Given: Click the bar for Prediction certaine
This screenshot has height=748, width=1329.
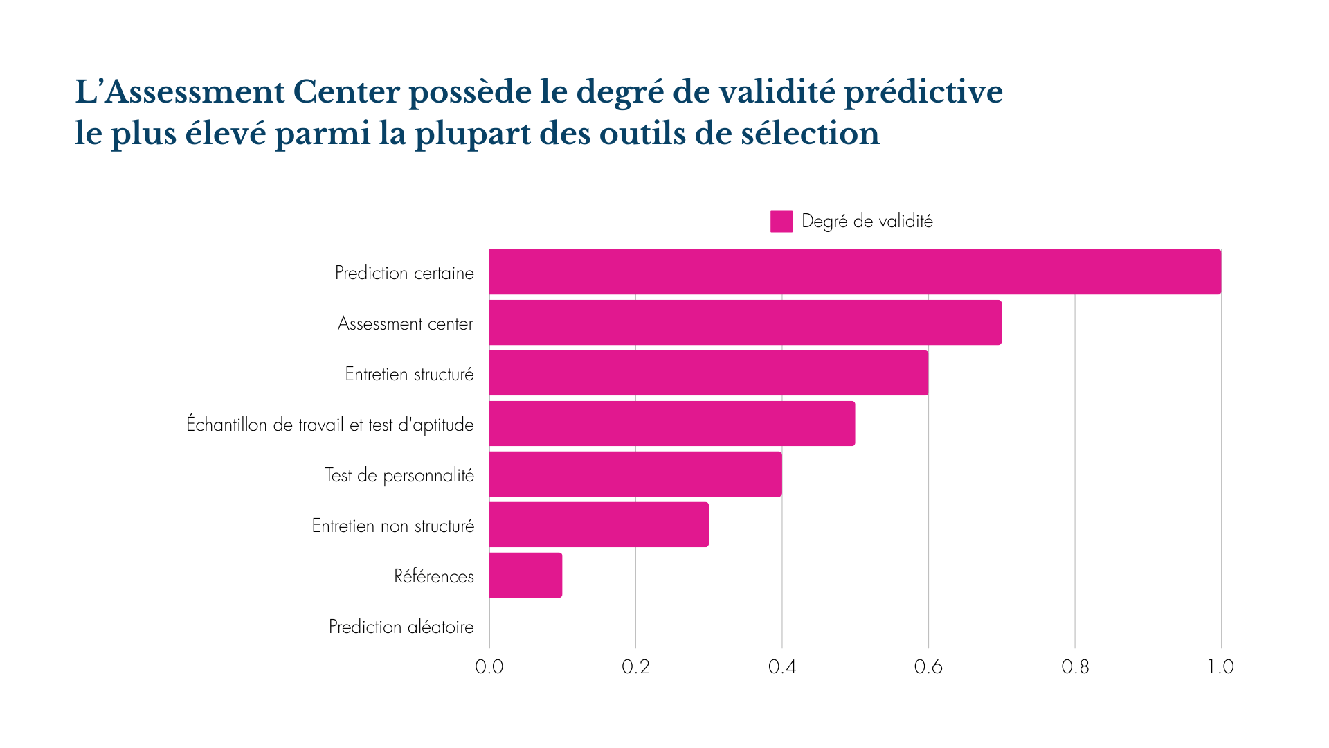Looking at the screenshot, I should (855, 272).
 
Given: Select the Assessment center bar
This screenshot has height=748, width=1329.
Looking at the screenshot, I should (745, 323).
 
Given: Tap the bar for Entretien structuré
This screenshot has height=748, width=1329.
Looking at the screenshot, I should (708, 373).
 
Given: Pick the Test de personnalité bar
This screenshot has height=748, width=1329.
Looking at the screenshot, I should (635, 474).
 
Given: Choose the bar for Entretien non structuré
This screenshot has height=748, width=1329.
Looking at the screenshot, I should (599, 525).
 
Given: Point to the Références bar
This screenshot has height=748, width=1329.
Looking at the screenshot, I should (525, 576).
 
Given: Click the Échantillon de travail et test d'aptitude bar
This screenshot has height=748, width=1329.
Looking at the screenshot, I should (671, 424).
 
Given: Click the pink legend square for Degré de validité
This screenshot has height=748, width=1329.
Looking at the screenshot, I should (781, 222).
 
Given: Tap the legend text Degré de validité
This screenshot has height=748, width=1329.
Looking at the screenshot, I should (867, 222).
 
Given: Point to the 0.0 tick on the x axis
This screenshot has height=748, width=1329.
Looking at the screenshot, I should (489, 667).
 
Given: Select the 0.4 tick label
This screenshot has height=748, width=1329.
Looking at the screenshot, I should (782, 667).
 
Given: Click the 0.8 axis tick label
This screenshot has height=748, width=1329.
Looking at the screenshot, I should (1075, 667).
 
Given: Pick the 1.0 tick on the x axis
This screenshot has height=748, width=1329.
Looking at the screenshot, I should (1221, 667).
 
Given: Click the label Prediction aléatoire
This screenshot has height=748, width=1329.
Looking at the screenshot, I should (401, 627).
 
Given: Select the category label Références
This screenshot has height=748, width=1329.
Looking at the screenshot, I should (434, 576).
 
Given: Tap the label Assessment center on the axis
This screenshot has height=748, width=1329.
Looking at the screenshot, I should (406, 323).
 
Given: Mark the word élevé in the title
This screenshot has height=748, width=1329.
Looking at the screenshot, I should (226, 134).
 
